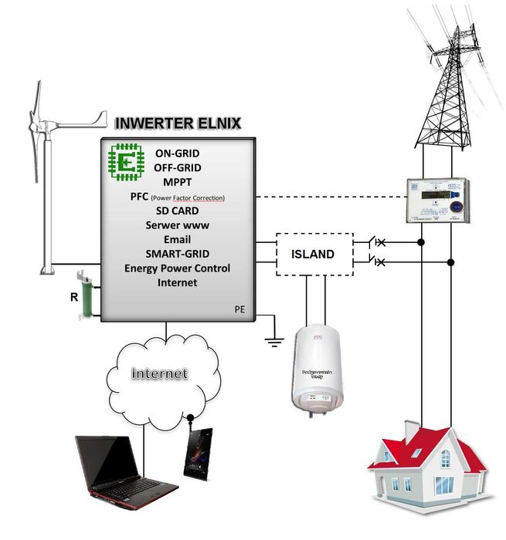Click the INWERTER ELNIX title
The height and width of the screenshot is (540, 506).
[x=178, y=123]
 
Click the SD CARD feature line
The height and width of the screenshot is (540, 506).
[x=177, y=211]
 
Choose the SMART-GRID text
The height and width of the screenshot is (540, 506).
[x=177, y=254]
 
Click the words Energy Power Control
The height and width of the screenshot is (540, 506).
[x=177, y=268]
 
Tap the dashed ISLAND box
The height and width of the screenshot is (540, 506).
[x=314, y=253]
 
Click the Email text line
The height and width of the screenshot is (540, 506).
[x=177, y=239]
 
